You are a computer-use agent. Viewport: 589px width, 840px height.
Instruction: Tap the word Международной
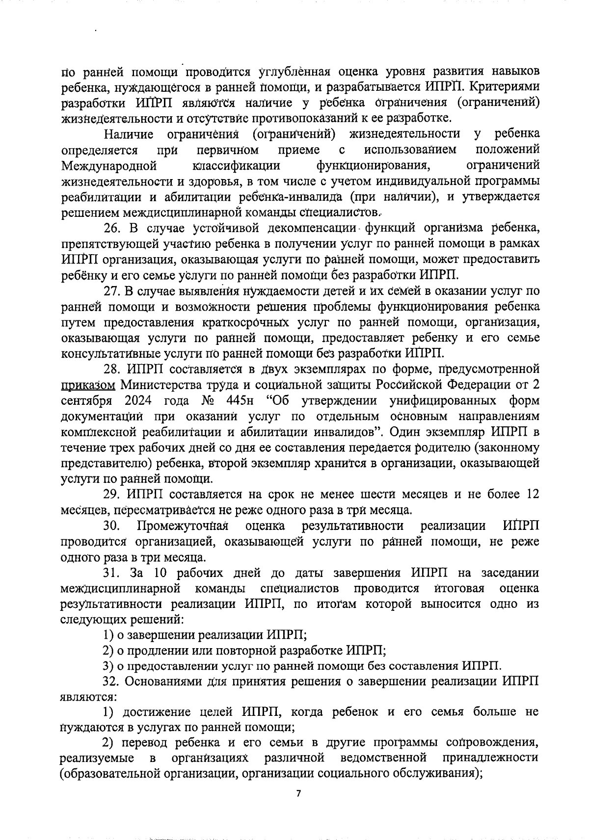tap(109, 165)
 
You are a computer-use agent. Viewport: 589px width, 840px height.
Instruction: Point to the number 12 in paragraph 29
tap(532, 494)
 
